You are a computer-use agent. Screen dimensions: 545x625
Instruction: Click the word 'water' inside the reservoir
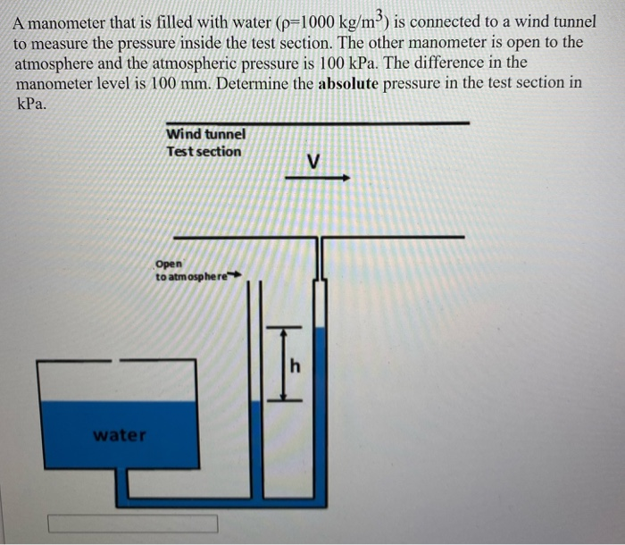120,435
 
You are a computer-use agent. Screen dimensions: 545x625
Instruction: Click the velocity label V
312,162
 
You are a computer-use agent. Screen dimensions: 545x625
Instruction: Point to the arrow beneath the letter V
318,178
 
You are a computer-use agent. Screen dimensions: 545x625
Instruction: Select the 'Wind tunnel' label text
205,134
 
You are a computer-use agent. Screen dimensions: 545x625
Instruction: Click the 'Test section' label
204,151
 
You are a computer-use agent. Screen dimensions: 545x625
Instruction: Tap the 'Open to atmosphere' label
191,271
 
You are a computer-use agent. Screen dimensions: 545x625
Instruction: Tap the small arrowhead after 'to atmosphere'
237,276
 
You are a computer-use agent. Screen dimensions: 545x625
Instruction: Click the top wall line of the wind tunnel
317,122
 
